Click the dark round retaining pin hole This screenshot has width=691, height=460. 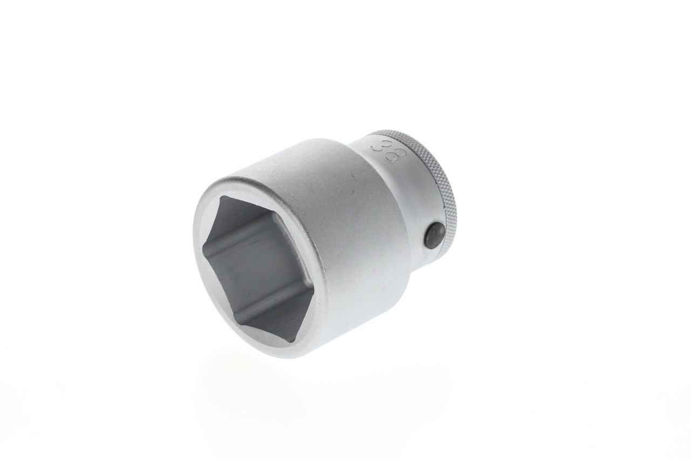point(434,236)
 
